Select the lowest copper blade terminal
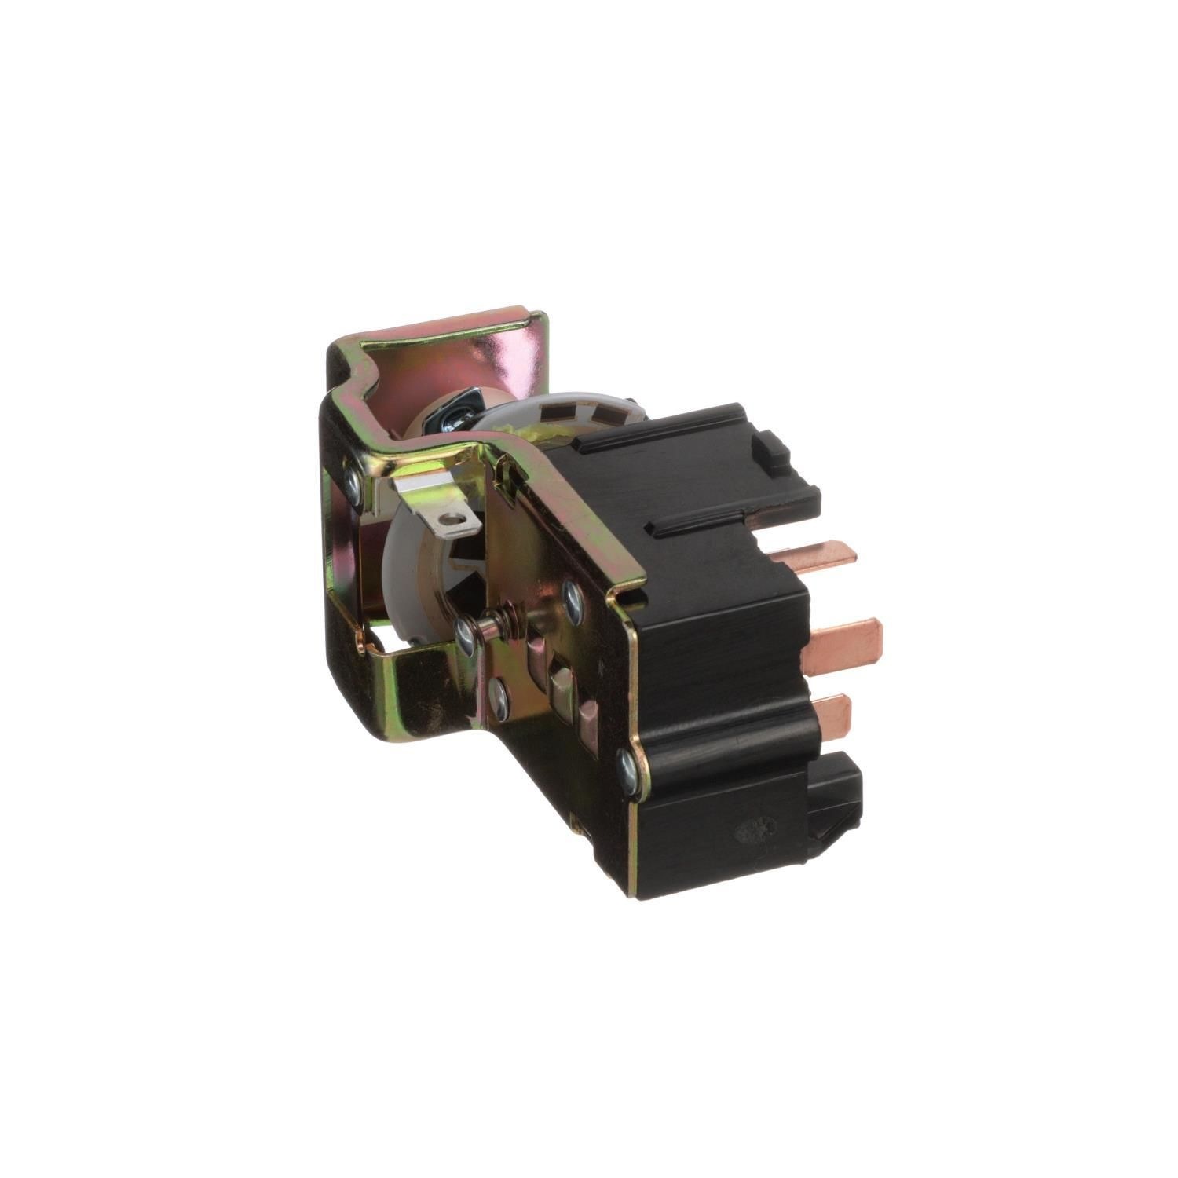tap(832, 708)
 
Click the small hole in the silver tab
tap(449, 518)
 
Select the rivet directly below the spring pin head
tap(496, 692)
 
